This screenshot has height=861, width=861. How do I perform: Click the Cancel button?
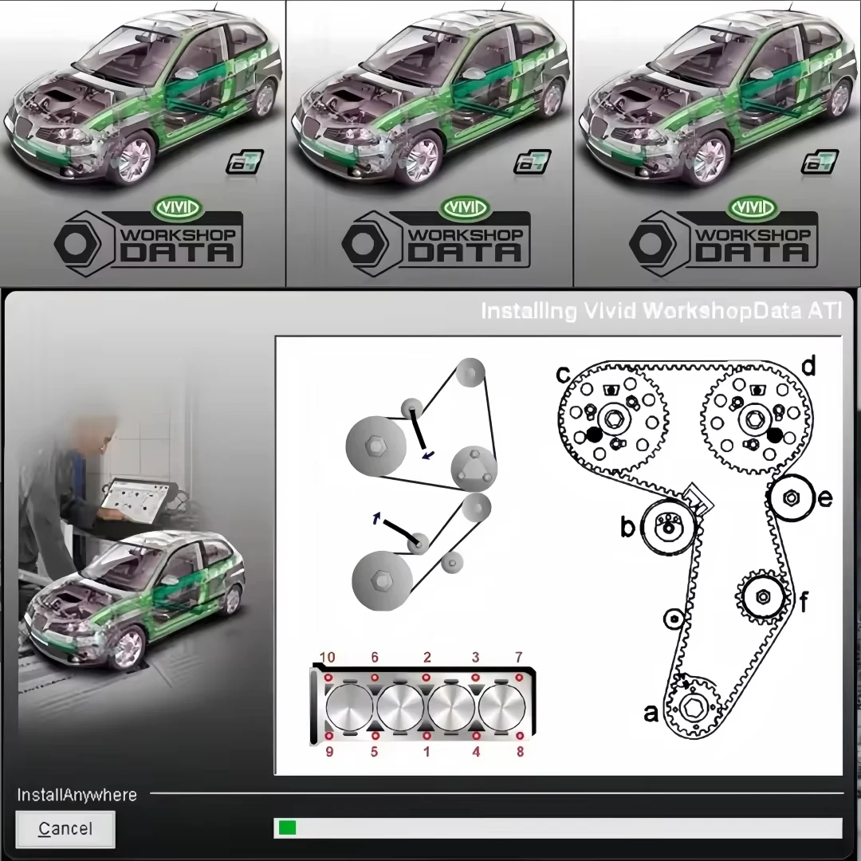pos(65,829)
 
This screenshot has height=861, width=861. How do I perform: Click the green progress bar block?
pos(286,828)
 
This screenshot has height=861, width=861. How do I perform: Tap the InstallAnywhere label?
pos(77,795)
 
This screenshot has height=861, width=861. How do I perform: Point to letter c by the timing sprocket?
pos(563,373)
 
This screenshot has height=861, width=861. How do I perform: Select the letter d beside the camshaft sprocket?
pos(808,367)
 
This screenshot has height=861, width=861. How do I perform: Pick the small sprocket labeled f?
pos(762,596)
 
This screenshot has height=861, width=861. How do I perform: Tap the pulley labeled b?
pos(668,526)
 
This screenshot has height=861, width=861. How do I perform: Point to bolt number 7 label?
pos(518,658)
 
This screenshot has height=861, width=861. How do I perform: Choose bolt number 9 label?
pos(329,751)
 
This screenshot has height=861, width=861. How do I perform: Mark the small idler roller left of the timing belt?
pos(674,618)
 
